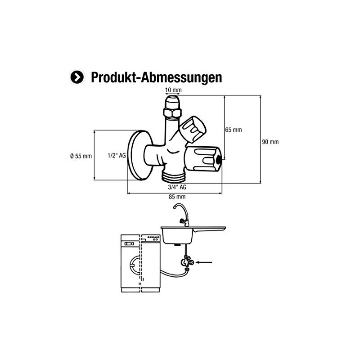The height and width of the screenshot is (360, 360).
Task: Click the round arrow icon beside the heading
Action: (x=77, y=77)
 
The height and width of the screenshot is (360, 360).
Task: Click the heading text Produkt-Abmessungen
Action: (x=156, y=77)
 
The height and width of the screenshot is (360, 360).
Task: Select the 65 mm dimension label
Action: (x=234, y=130)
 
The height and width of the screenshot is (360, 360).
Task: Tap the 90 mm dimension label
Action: (x=270, y=142)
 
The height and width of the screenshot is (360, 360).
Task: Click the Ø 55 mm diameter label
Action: (x=81, y=156)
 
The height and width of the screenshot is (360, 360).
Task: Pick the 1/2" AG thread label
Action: (x=117, y=156)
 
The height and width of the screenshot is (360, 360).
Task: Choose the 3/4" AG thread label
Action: (x=177, y=185)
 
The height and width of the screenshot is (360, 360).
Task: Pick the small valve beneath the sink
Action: (x=186, y=262)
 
